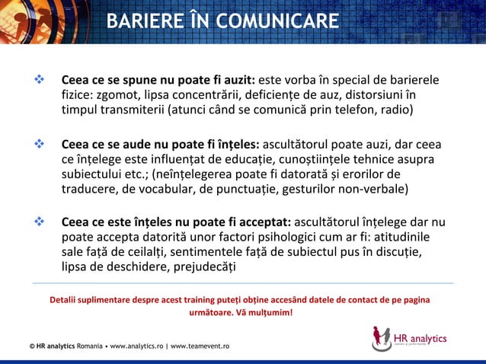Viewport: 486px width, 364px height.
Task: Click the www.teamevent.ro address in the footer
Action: coord(200,347)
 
